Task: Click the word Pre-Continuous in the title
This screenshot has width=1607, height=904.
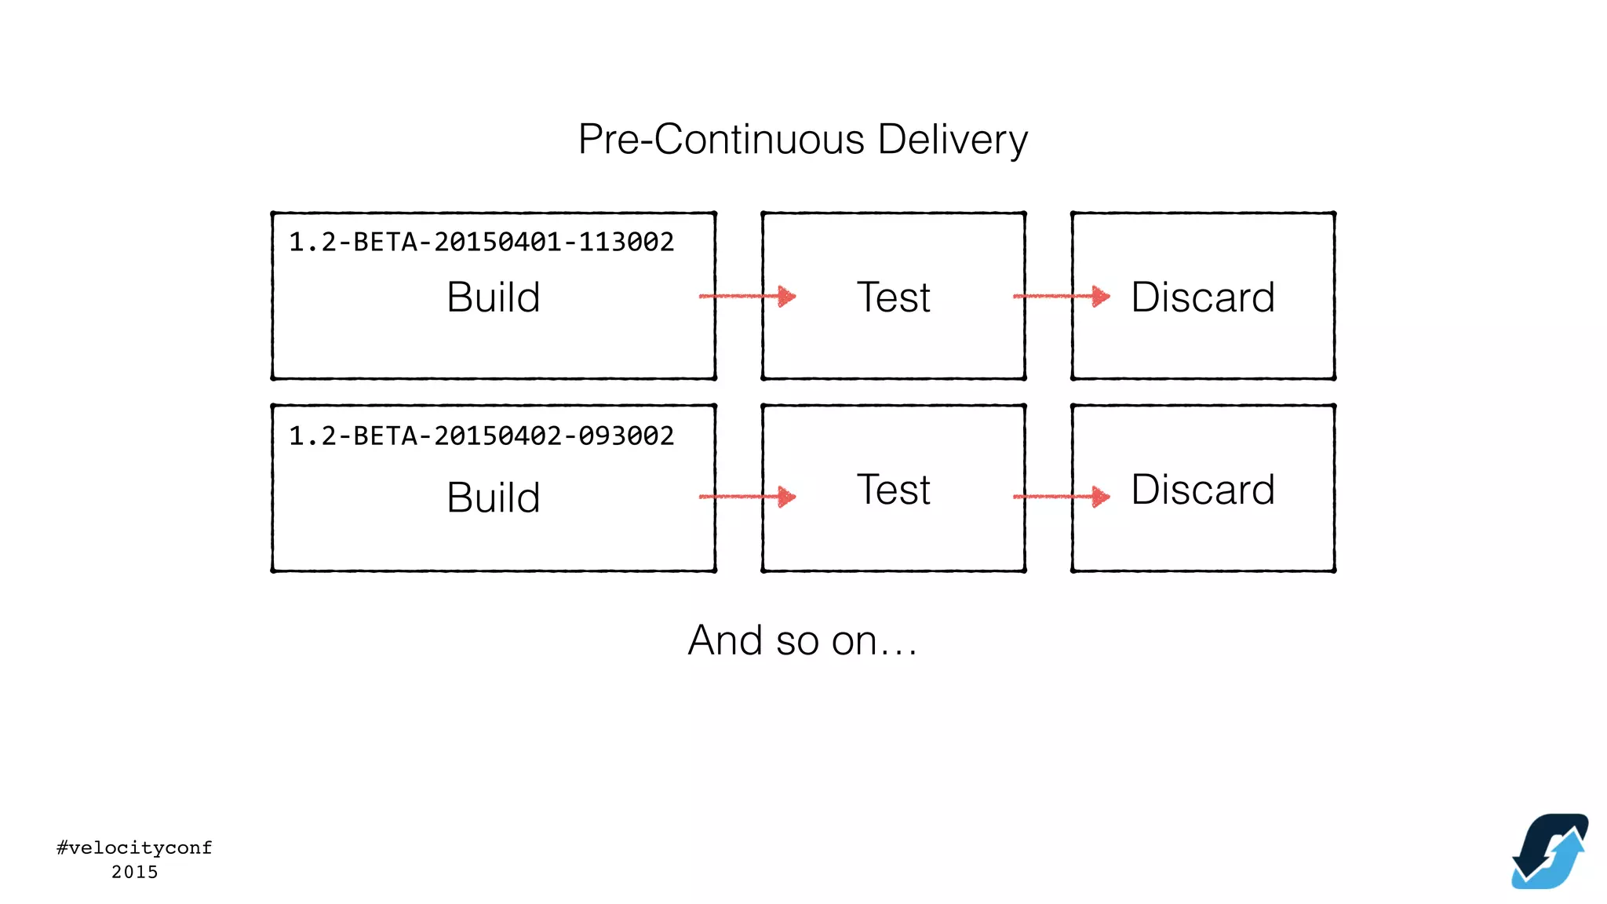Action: point(721,140)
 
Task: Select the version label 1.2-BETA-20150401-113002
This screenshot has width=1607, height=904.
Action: point(481,242)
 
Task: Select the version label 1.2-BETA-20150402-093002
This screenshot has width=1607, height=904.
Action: point(481,436)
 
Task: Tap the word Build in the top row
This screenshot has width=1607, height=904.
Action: point(493,297)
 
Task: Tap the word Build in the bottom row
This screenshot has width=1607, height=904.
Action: point(493,498)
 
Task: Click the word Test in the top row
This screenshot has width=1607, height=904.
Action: point(893,297)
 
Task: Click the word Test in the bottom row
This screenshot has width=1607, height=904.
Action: point(893,490)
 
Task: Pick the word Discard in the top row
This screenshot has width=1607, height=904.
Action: point(1202,297)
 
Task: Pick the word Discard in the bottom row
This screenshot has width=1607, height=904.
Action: point(1202,490)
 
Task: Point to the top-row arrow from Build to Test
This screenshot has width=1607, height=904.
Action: point(747,296)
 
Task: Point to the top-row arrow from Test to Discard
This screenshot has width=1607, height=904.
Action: point(1061,296)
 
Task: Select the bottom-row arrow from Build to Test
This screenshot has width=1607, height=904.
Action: point(747,496)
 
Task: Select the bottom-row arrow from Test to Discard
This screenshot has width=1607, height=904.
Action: point(1061,496)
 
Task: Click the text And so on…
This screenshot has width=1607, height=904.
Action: point(802,640)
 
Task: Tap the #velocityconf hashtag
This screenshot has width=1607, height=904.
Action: point(134,847)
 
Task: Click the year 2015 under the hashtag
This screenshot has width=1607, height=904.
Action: point(134,872)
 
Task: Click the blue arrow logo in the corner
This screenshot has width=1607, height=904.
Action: point(1550,851)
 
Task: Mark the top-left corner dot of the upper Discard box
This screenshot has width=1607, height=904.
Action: point(1073,213)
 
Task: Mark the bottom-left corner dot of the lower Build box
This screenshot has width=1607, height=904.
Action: point(272,570)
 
